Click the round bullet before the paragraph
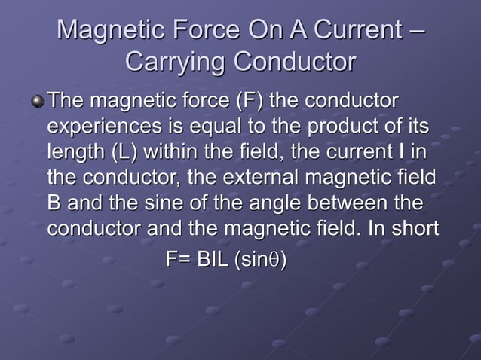(38, 102)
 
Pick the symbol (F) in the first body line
(248, 100)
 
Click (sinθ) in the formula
(260, 259)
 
